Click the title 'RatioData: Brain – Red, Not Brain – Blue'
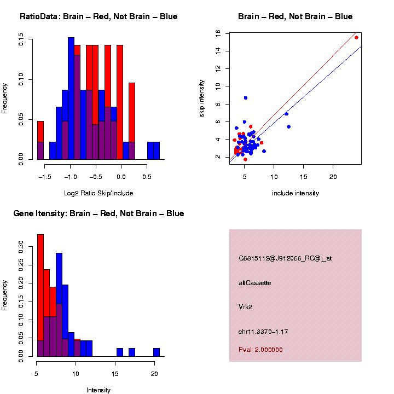(99, 16)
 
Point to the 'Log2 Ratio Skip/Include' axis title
(99, 193)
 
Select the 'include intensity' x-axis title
(296, 193)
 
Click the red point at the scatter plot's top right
(356, 37)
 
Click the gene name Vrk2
(245, 308)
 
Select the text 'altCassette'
(254, 283)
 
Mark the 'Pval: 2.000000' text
(260, 350)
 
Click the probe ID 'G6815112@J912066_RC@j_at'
(285, 258)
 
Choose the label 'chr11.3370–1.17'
(263, 332)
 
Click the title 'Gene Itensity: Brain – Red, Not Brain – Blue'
(99, 213)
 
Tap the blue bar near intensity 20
(157, 352)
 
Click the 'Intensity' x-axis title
(99, 390)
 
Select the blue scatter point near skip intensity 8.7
(246, 98)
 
